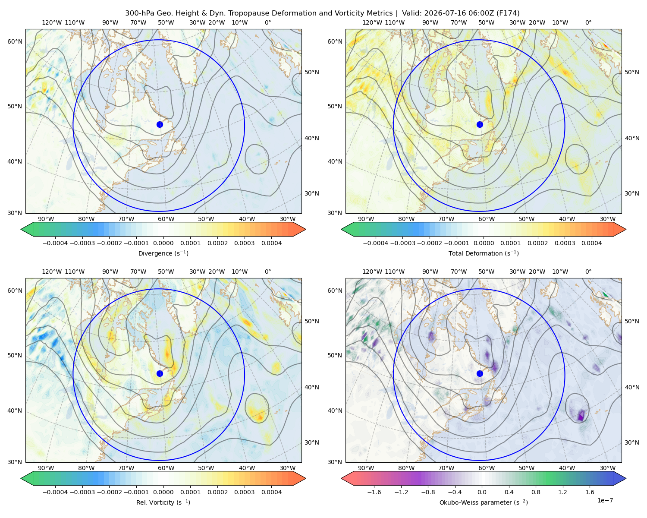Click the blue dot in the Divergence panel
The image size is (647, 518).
point(160,124)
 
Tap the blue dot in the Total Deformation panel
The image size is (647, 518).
point(480,124)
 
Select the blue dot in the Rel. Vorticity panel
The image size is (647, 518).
point(160,373)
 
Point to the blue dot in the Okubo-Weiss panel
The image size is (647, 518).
point(480,373)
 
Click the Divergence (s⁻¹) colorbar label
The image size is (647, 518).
point(163,253)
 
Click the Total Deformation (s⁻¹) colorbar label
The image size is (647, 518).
point(484,253)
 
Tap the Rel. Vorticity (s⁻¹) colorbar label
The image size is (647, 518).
point(163,502)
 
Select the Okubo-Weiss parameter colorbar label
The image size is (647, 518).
point(484,502)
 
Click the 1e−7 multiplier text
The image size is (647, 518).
point(605,500)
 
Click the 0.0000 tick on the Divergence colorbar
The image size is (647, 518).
point(163,243)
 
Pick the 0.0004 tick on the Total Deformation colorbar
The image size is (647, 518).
point(591,243)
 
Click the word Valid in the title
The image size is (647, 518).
point(410,13)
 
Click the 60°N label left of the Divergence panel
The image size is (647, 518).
point(15,41)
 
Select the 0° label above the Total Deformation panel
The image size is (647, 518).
point(588,22)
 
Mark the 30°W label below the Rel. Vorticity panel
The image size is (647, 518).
point(287,468)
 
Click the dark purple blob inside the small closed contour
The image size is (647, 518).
point(581,415)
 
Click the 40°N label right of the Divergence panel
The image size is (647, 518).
point(312,138)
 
